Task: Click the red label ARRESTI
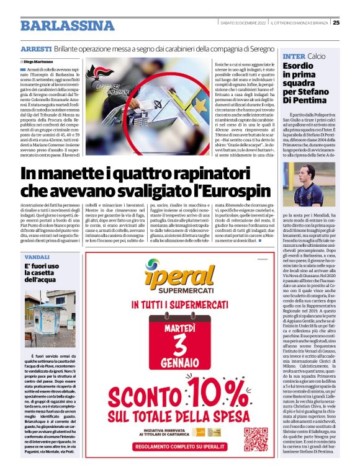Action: [x=36, y=49]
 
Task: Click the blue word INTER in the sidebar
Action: [x=294, y=56]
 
